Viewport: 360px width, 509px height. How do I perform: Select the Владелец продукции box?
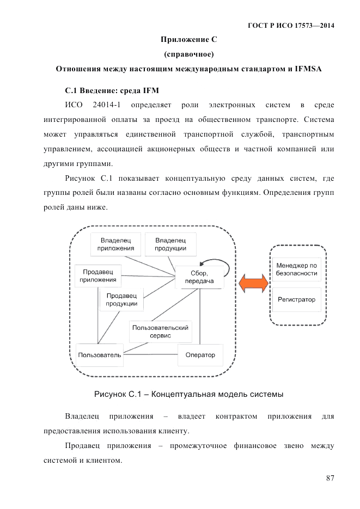pos(170,244)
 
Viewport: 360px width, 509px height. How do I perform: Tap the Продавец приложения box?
pos(98,276)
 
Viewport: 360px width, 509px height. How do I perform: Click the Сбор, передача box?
pos(199,278)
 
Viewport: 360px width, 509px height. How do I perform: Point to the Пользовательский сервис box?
pos(160,332)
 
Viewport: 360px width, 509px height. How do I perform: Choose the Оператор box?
pos(200,355)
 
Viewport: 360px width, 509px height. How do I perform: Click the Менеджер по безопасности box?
pos(297,269)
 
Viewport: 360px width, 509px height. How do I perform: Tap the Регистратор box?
pos(297,299)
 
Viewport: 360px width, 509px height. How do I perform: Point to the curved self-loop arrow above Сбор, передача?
pos(215,263)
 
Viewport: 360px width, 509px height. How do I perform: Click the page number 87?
pos(330,479)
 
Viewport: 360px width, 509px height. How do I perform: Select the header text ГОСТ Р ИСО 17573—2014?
pos(291,26)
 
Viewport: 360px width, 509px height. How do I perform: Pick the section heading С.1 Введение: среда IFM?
pos(112,89)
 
